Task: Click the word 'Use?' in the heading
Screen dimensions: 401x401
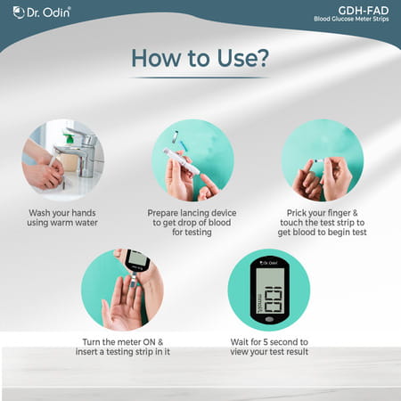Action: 235,57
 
